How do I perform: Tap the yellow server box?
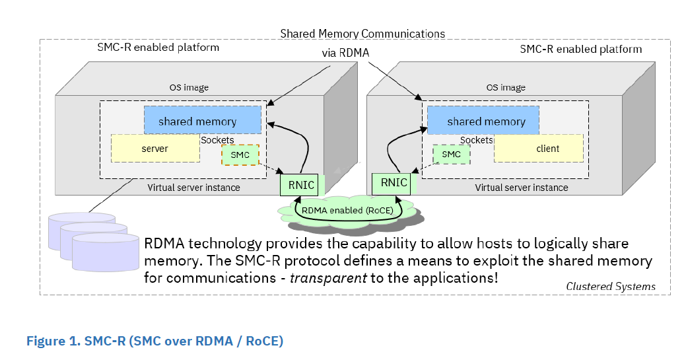click(155, 149)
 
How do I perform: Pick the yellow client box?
click(539, 149)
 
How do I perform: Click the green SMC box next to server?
click(240, 155)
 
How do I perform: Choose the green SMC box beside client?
click(451, 155)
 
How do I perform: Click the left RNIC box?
click(298, 184)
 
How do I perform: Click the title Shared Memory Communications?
click(362, 33)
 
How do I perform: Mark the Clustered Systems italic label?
click(611, 286)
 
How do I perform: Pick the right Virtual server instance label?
click(521, 188)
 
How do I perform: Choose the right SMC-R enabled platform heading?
click(580, 49)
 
